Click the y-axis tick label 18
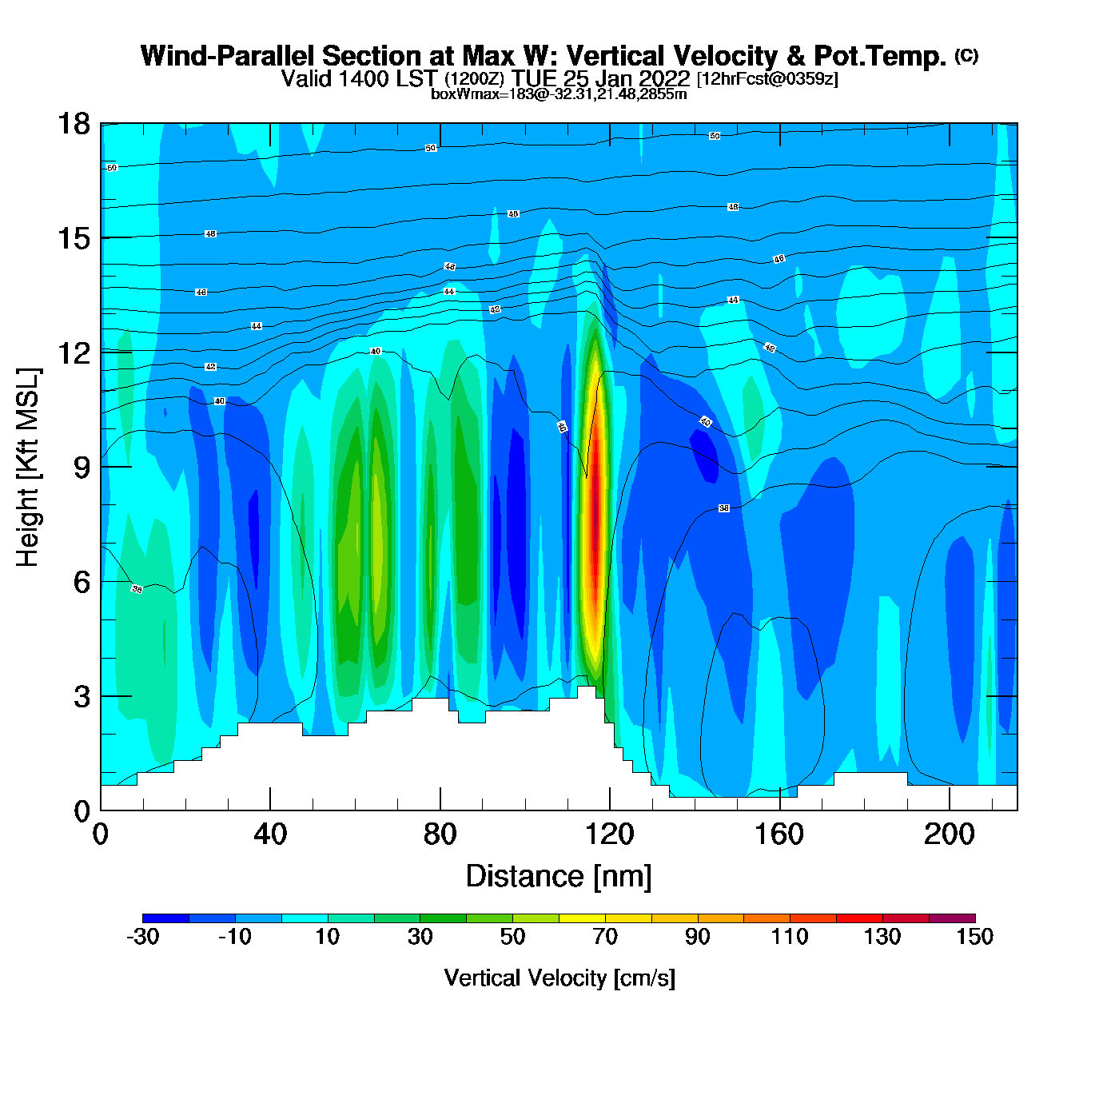73,124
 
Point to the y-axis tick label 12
73,352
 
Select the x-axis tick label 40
270,834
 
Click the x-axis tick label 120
609,834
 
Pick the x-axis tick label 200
949,834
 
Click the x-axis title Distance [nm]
559,877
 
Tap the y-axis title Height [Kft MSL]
29,468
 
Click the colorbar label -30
143,937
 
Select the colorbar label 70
605,937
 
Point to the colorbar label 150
974,937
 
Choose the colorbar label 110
790,937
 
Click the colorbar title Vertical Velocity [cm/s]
559,978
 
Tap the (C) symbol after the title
966,55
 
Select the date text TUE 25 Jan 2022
600,78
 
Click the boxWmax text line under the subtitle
559,94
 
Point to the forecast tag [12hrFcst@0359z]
767,79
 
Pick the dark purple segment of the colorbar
952,918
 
